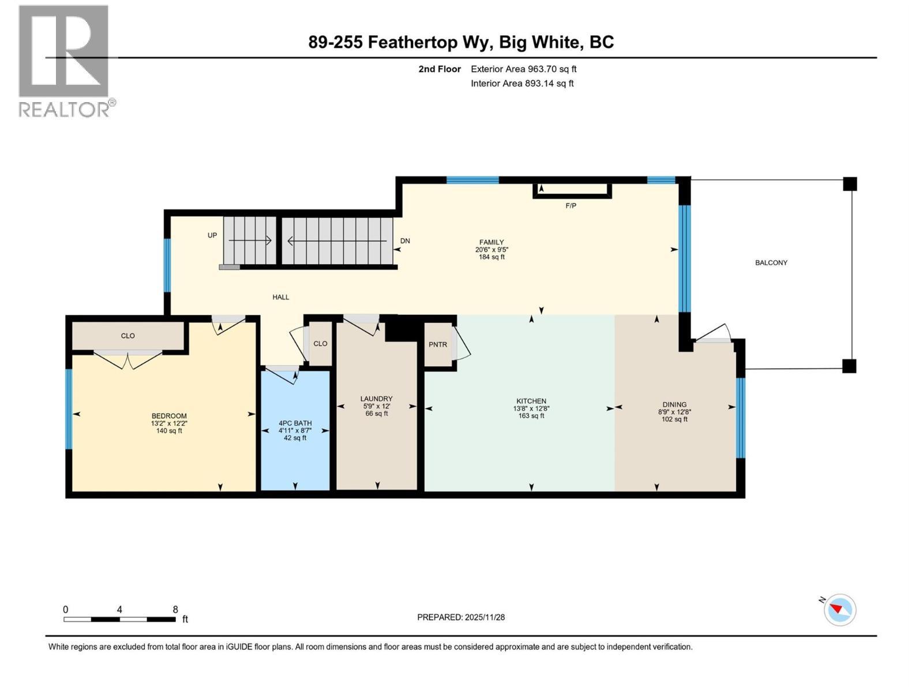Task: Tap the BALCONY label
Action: click(x=771, y=263)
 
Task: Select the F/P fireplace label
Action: click(x=571, y=206)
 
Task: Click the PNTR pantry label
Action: click(x=438, y=345)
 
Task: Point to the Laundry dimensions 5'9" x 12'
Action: click(x=376, y=406)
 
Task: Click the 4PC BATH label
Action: click(x=295, y=423)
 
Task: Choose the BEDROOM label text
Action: click(x=169, y=416)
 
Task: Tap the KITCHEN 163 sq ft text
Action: click(x=531, y=416)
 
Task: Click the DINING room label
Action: click(x=674, y=404)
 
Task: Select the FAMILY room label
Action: click(x=491, y=242)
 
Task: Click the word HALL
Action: click(x=281, y=298)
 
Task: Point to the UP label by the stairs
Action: click(x=212, y=235)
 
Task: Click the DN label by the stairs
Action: click(x=405, y=241)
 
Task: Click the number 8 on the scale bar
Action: click(x=175, y=610)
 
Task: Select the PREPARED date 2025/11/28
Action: click(x=461, y=617)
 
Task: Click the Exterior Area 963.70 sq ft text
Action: click(x=523, y=69)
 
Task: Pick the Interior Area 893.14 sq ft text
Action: click(x=522, y=84)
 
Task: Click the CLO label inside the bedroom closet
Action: click(x=127, y=336)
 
